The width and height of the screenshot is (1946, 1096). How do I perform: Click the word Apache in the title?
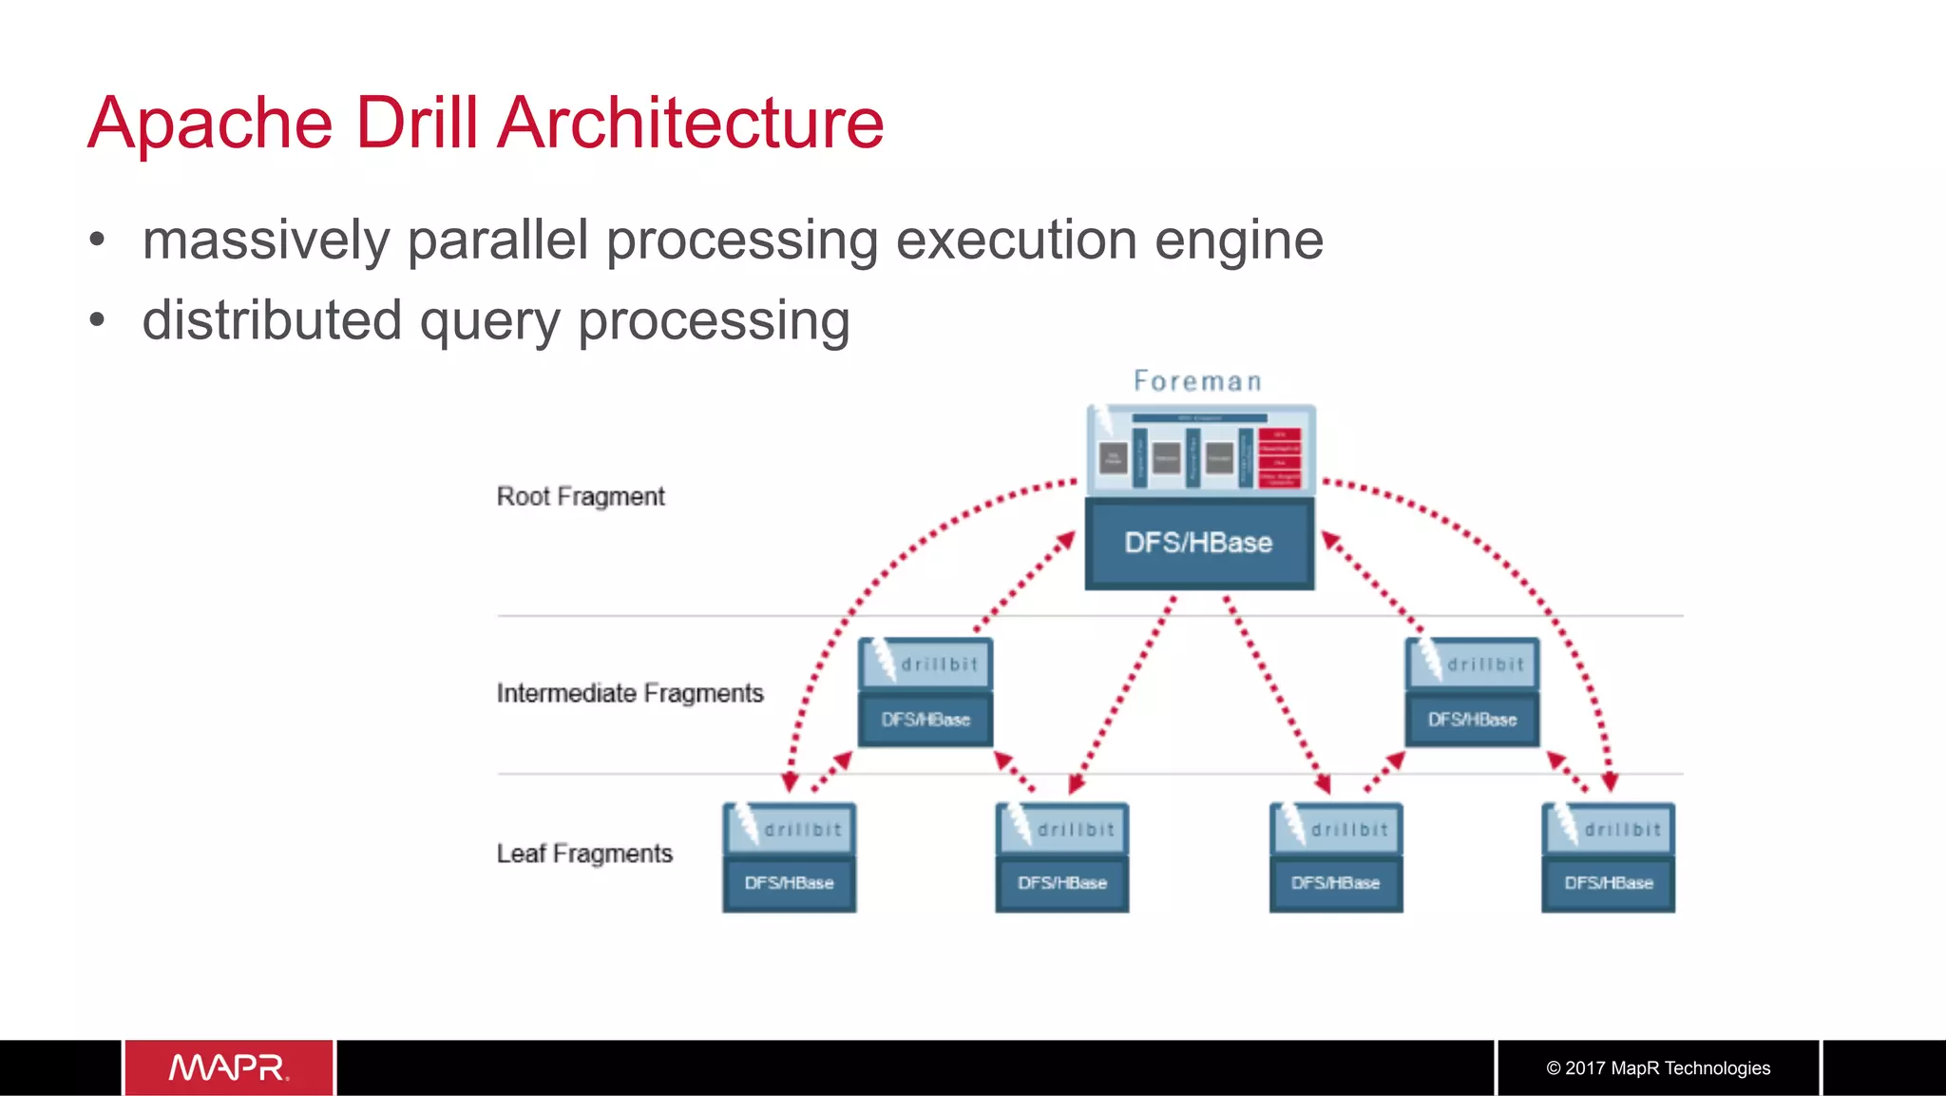210,124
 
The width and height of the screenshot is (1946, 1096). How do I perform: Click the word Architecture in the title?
691,124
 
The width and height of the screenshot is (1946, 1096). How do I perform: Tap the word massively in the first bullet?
266,240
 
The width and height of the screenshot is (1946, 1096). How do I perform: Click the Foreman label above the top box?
1197,382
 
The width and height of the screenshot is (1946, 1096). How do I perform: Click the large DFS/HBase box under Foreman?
1199,543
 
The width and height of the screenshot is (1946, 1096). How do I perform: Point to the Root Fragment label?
581,497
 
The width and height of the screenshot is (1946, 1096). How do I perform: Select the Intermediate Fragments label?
630,694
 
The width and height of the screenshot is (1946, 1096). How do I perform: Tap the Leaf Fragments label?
584,854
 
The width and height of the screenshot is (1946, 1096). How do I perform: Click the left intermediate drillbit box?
925,664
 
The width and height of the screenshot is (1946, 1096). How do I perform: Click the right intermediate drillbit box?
1472,664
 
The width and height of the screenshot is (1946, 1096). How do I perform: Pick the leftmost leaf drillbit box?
790,829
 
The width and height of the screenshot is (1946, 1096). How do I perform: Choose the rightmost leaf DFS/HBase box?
1609,884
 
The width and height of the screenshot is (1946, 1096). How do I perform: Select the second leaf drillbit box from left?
1062,829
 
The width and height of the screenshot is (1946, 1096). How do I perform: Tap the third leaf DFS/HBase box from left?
1335,884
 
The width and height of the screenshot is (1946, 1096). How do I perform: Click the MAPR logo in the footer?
229,1067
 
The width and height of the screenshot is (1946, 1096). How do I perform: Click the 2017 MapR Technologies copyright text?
1658,1068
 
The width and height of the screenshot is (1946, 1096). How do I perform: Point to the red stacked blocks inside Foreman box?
1279,456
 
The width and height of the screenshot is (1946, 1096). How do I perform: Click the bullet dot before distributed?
97,321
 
